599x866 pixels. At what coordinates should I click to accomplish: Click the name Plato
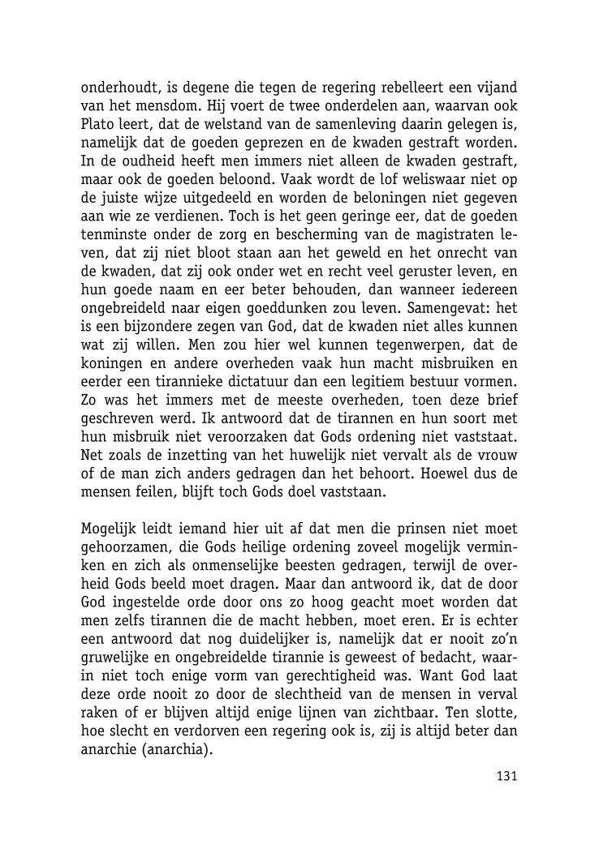(x=100, y=122)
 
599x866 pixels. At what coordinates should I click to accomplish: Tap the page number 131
(x=506, y=776)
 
